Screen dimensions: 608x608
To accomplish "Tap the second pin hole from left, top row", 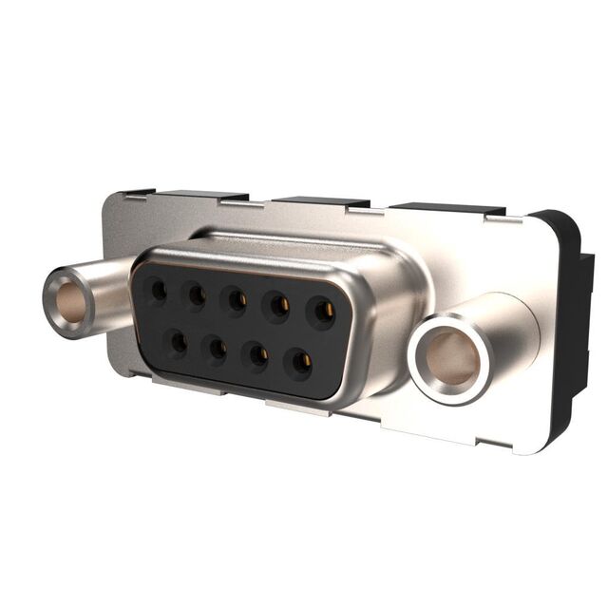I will (197, 295).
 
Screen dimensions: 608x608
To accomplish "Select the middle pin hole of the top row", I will (236, 301).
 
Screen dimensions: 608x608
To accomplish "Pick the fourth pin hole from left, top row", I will (278, 306).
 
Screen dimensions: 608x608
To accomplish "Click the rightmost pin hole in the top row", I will (323, 312).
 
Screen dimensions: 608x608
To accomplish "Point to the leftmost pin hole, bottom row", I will (178, 341).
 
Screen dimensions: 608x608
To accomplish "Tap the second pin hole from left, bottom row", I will (218, 348).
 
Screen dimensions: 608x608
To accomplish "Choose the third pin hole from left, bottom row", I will (257, 354).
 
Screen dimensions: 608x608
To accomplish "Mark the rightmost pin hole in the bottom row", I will (301, 361).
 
